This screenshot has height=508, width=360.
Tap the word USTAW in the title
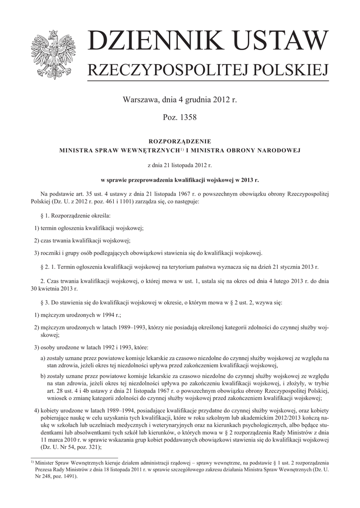click(x=274, y=42)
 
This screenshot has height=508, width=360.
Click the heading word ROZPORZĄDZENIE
click(x=180, y=141)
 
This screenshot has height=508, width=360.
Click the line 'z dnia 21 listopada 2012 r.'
click(x=180, y=164)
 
